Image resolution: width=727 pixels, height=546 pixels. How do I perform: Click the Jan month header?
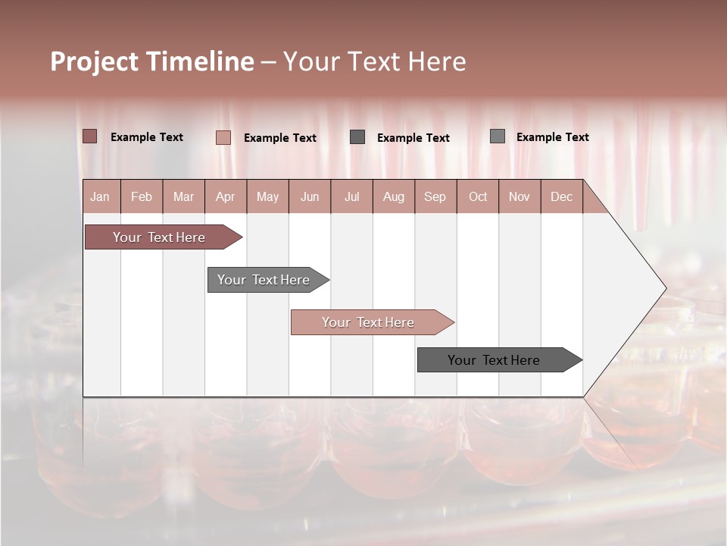100,196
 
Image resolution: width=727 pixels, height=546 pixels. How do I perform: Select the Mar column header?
183,196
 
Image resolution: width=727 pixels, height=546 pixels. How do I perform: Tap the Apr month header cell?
225,196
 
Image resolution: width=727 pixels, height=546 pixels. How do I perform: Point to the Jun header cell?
310,196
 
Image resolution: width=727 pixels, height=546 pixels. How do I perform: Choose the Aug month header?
393,196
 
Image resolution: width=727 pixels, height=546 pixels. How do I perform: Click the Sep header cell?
435,196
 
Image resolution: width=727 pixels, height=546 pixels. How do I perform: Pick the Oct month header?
478,196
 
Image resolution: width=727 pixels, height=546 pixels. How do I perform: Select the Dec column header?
561,196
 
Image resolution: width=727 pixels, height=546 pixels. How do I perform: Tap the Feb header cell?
142,196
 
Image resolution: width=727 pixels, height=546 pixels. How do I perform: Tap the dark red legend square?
89,136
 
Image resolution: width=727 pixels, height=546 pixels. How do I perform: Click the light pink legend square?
223,137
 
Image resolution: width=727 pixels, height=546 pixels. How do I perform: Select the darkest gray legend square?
357,136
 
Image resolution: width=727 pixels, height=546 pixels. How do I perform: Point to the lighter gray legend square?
497,136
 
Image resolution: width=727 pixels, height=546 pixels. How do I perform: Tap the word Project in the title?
94,61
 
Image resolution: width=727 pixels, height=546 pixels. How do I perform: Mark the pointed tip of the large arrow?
665,288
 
